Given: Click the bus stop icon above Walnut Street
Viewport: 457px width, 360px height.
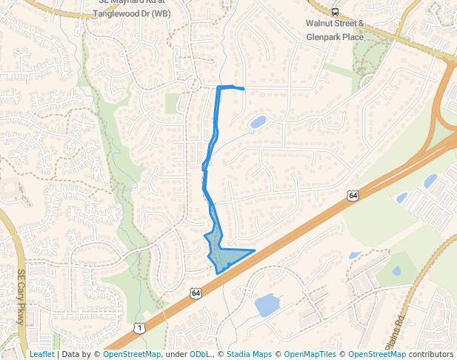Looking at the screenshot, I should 336,11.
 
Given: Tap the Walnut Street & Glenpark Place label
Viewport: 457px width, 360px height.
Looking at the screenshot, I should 335,28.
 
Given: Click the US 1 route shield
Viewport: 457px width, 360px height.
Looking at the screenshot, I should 139,327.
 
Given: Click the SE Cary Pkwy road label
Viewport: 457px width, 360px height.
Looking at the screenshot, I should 21,297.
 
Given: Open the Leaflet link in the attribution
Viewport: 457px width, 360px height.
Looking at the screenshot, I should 41,354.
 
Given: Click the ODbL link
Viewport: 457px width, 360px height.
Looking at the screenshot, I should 199,354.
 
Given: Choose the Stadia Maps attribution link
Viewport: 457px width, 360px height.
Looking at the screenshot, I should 249,354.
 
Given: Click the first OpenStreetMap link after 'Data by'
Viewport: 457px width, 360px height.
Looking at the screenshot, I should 131,354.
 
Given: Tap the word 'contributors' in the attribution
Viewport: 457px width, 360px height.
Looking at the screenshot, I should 430,354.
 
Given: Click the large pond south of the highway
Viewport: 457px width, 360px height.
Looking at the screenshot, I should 267,304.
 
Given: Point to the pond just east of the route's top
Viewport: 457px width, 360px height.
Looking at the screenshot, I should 258,121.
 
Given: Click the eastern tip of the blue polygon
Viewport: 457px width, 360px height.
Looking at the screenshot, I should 255,250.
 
